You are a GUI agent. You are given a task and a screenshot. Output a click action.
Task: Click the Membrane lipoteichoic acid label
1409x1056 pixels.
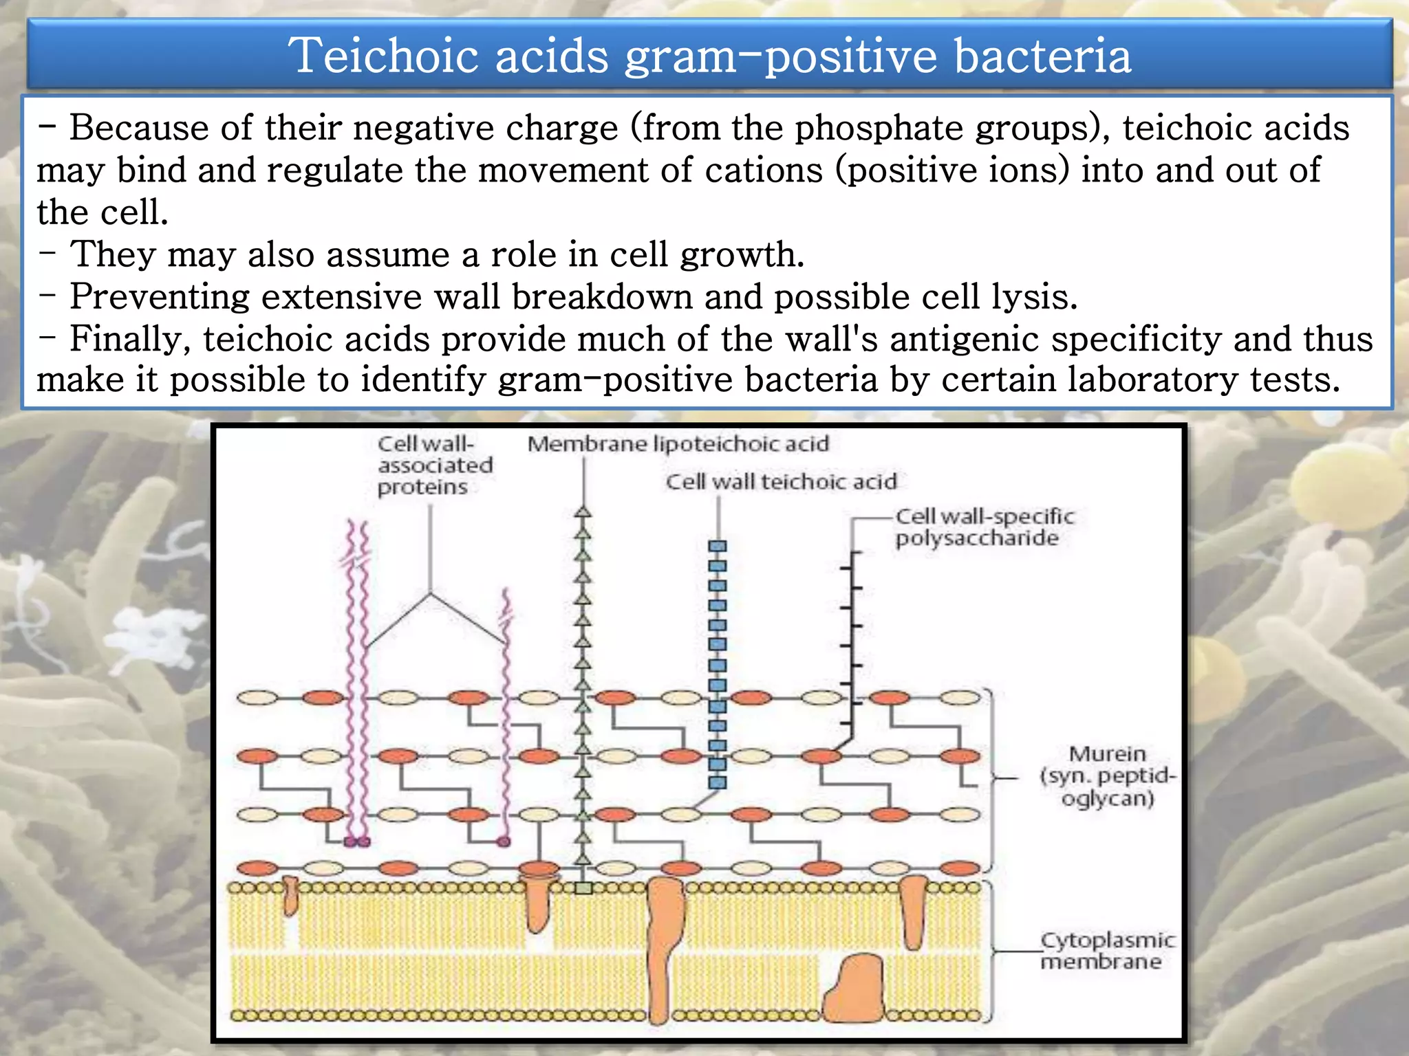678,444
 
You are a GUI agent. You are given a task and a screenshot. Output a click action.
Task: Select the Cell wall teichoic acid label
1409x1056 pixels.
781,482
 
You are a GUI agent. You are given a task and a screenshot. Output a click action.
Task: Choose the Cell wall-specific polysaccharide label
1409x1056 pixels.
984,527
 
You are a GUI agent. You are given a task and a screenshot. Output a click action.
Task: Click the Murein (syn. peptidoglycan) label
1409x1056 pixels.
1107,776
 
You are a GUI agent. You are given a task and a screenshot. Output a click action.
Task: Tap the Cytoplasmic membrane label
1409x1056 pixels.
1107,950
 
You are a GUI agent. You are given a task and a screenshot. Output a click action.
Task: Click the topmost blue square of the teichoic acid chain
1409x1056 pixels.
718,547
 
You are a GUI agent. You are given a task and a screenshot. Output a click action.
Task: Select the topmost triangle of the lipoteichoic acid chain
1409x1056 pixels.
583,512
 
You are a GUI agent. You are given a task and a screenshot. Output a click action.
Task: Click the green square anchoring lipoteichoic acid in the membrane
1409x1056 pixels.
583,888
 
